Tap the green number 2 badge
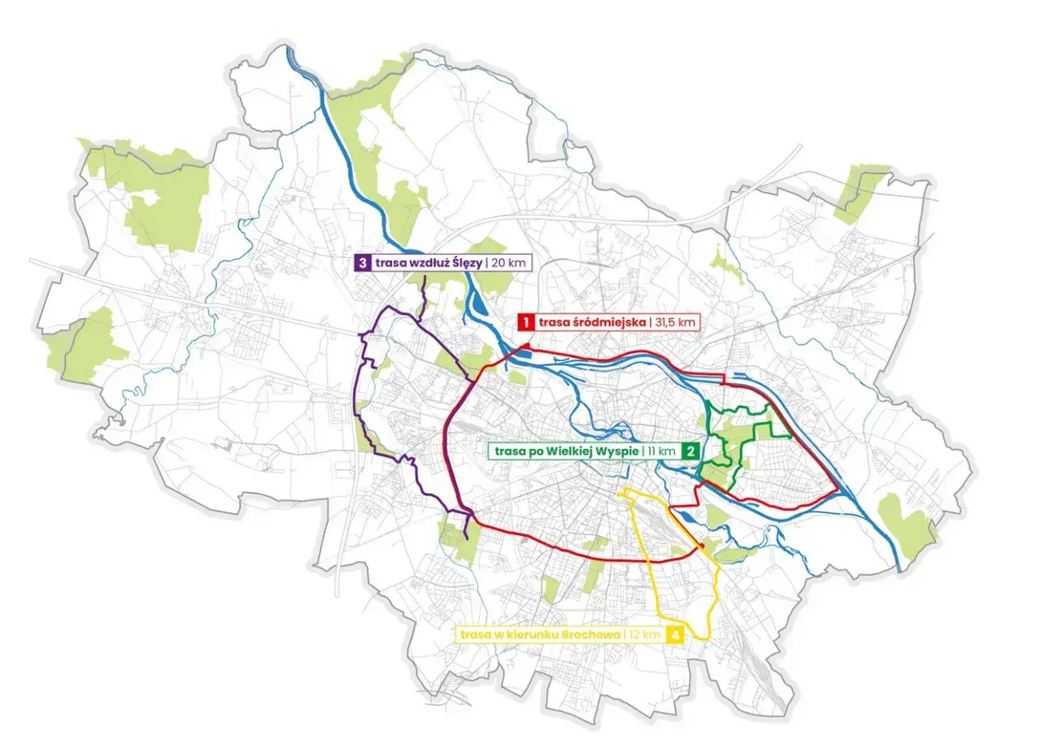pos(690,451)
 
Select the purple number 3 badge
pos(362,263)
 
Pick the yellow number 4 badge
pos(673,634)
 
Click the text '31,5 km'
pos(675,322)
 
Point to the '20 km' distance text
pos(510,263)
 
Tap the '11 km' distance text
pos(660,451)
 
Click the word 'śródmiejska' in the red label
pos(608,322)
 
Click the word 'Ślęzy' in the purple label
pos(464,263)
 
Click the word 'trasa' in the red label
pos(553,322)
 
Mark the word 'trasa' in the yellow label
pos(475,634)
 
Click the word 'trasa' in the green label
pos(504,451)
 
